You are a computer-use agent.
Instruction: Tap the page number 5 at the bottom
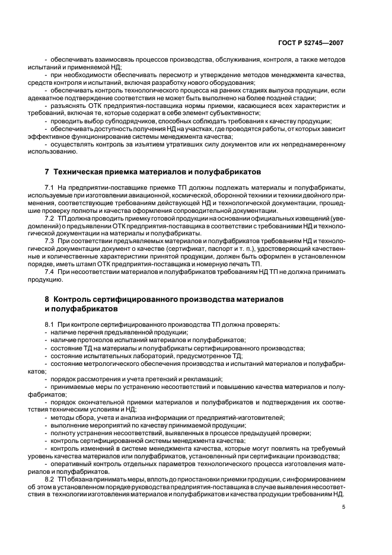pos(343,506)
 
